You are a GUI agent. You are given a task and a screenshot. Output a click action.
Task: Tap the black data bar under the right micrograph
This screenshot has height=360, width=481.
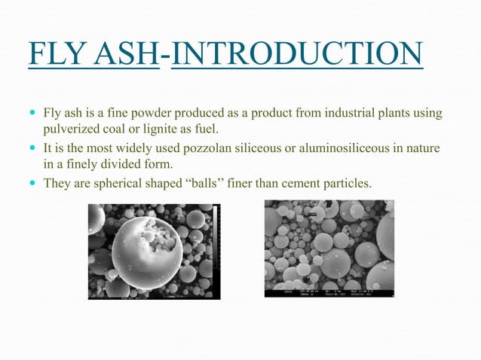329,293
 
